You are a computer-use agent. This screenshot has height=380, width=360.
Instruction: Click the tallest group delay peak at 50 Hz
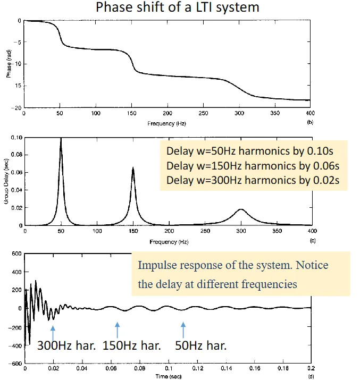[61, 140]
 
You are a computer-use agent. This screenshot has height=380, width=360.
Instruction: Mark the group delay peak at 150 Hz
[133, 168]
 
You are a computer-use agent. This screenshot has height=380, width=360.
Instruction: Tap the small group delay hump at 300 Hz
[241, 210]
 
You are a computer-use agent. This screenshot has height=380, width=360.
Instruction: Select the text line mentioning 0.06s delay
[253, 165]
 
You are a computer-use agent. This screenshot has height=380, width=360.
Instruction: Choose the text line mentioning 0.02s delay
[253, 180]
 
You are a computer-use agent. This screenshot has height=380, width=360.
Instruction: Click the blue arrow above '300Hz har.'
[53, 331]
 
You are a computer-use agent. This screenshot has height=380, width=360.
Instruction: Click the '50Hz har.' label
[200, 345]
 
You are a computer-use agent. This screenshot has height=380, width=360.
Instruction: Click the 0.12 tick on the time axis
[197, 368]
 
